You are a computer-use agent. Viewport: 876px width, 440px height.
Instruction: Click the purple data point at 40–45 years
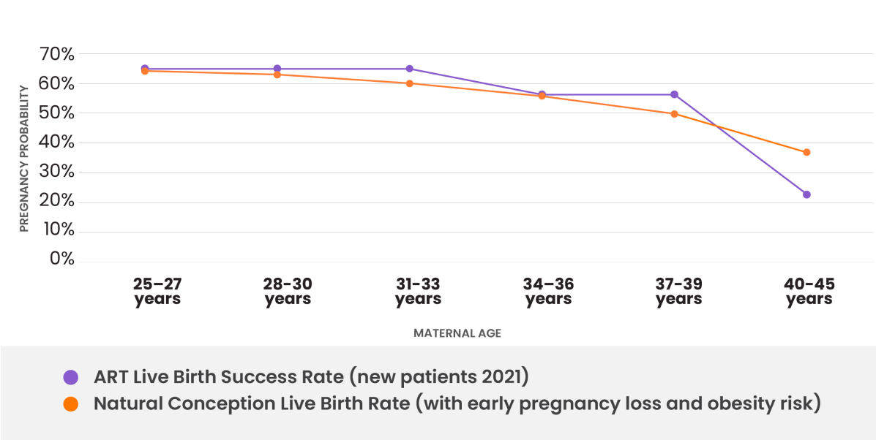806,194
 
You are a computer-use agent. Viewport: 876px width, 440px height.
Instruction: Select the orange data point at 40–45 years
806,152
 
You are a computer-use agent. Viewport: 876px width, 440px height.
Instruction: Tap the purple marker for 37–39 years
674,94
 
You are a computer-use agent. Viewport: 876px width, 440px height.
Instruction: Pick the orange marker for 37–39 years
674,113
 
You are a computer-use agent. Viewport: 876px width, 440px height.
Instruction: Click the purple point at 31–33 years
409,69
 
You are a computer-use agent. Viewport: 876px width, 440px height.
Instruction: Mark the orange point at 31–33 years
409,83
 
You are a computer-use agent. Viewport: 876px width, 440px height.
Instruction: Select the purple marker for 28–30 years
277,69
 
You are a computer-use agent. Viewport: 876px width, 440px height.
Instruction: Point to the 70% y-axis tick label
56,54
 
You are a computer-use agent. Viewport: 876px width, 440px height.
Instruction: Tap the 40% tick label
56,143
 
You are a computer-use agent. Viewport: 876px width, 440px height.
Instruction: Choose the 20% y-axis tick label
56,202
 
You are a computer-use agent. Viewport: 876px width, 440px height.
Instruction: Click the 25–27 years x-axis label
157,292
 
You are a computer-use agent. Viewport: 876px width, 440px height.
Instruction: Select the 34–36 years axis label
548,292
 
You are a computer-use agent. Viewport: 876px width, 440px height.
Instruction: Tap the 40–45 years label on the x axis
809,292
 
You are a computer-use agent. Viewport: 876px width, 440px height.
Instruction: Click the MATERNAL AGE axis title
457,333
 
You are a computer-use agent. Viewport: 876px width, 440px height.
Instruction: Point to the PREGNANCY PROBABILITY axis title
24,159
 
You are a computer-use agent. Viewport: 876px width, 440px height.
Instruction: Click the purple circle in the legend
71,378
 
